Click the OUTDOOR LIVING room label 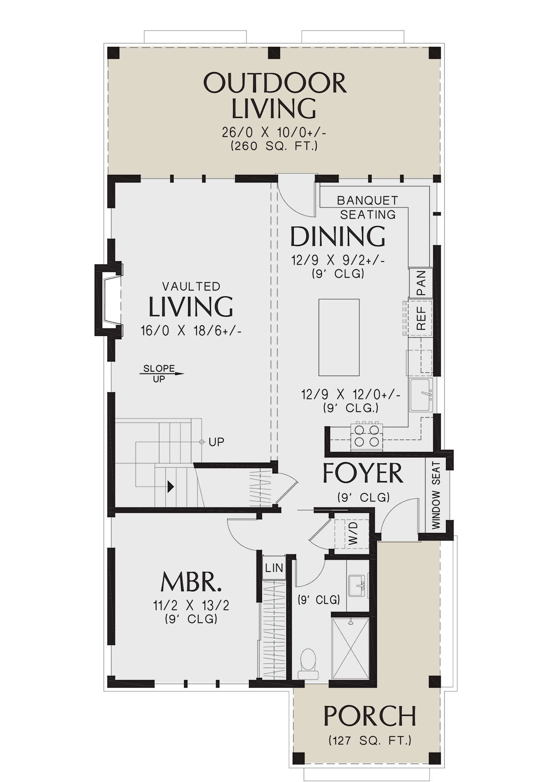coord(274,96)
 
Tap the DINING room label coord(338,236)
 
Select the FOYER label coord(363,473)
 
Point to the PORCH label coord(369,716)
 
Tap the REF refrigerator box coord(420,318)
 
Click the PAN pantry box coord(420,283)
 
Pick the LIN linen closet coord(274,568)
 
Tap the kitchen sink coord(422,394)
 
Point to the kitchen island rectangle coord(339,337)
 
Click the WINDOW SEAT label coord(436,496)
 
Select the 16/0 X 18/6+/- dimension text coord(191,331)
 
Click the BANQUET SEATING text coord(368,207)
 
